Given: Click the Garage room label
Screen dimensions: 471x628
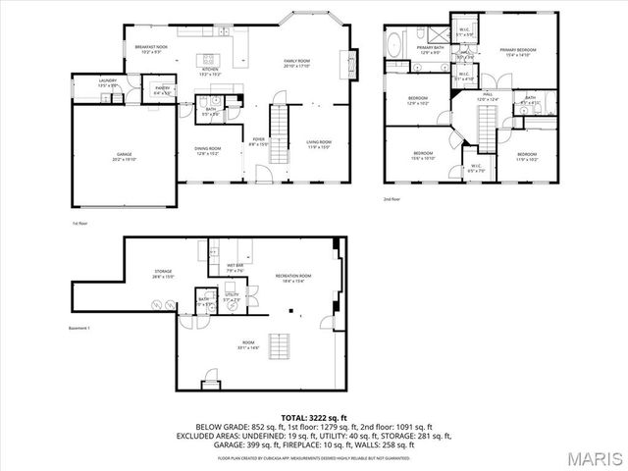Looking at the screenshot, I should (x=126, y=156).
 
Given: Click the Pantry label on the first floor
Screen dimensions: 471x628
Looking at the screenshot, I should (x=163, y=91).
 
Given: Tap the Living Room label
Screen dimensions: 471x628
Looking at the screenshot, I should (x=319, y=144).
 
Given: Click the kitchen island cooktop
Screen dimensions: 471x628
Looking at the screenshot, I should (x=207, y=56).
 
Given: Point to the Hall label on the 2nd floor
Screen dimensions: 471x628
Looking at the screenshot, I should (x=488, y=98).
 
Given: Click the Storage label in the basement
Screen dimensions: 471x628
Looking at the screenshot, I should (x=163, y=274).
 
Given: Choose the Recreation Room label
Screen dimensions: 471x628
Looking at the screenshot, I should (x=296, y=278).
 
